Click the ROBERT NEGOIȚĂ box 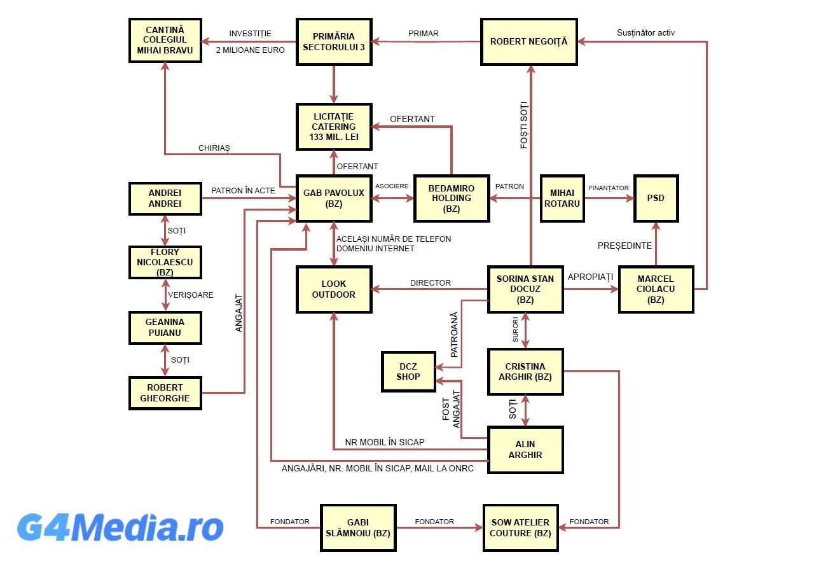(528, 42)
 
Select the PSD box (656, 198)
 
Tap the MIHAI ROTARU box (562, 198)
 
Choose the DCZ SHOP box (408, 371)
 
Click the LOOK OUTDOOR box (334, 289)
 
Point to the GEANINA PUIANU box (165, 327)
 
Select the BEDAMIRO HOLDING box (452, 198)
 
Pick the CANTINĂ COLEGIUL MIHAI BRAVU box (165, 39)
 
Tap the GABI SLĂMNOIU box (358, 527)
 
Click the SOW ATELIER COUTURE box (520, 527)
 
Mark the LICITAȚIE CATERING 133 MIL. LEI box (334, 127)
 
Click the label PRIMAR (424, 34)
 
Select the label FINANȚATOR (609, 188)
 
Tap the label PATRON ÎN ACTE (244, 190)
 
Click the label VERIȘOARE (191, 295)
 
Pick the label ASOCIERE (392, 186)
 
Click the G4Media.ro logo (120, 527)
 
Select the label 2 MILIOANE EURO (250, 50)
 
